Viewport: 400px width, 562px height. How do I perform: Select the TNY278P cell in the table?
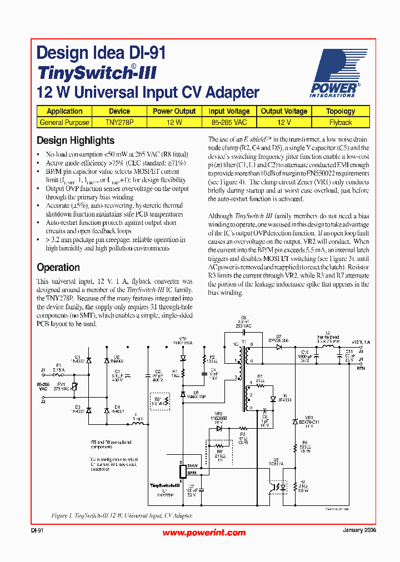[119, 122]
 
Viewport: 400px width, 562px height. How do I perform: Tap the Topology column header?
[340, 111]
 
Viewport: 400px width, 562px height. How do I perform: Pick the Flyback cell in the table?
[340, 122]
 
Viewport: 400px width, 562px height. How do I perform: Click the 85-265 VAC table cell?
[229, 122]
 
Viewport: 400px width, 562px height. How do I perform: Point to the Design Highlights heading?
[76, 140]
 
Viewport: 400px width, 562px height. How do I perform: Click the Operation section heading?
[58, 267]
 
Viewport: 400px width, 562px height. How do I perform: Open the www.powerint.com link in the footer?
[204, 533]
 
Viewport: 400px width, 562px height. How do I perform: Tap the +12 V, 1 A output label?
[360, 342]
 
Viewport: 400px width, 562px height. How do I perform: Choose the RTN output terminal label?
[361, 368]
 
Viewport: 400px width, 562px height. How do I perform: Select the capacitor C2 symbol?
[148, 376]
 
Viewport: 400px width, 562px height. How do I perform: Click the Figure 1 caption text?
[122, 515]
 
